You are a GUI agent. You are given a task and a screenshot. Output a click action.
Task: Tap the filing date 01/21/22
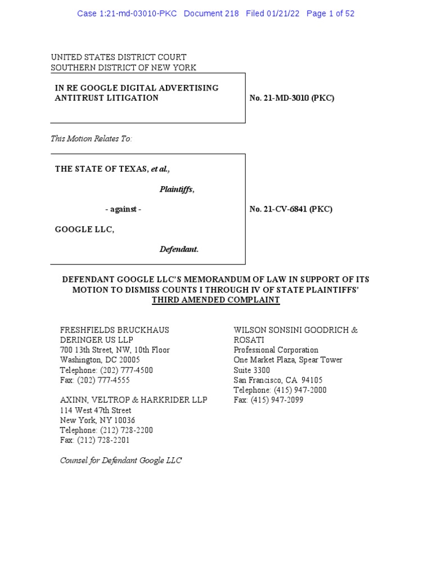tap(284, 13)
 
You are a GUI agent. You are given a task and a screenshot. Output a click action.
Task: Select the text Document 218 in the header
tap(211, 13)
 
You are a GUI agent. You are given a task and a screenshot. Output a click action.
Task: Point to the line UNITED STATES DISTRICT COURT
tap(118, 57)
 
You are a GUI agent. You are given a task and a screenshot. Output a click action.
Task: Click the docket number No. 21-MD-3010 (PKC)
tap(292, 98)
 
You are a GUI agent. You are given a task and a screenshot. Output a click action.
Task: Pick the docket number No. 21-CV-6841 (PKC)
tap(291, 209)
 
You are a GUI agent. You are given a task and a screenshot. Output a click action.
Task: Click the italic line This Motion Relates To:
tap(91, 138)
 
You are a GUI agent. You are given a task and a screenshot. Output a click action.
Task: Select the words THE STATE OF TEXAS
tap(101, 169)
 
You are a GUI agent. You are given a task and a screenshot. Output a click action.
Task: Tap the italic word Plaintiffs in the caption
tap(176, 190)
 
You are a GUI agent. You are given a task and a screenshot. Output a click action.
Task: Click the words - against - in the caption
tap(123, 209)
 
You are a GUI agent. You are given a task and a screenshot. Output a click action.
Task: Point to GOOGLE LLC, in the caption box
tap(84, 229)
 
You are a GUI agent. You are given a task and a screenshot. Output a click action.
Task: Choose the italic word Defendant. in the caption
tap(179, 249)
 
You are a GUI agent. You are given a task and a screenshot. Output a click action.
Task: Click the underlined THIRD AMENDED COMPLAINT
tap(215, 300)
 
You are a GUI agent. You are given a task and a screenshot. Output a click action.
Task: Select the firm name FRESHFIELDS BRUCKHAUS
tap(114, 330)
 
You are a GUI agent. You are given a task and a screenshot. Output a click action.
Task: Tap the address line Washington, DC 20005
tap(100, 360)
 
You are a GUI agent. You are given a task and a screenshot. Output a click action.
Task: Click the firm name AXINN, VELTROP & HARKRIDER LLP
tap(133, 400)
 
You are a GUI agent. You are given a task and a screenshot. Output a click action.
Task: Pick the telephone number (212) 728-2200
tap(127, 430)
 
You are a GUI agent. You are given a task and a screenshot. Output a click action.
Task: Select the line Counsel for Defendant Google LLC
tap(121, 461)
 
